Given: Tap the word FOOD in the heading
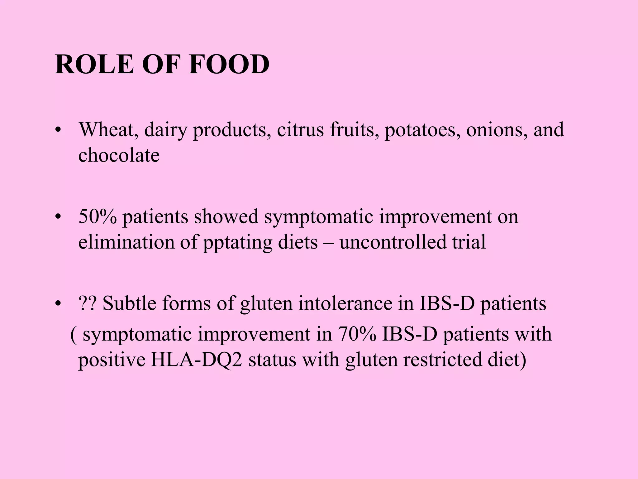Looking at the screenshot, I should [x=229, y=64].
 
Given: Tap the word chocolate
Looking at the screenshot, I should [x=119, y=155].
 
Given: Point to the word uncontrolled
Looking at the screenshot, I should [x=393, y=242].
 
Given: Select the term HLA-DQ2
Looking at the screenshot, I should [x=196, y=360].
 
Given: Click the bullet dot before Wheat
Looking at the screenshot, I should [x=57, y=131].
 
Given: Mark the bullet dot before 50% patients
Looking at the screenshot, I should [x=57, y=217].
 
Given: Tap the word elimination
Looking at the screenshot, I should [x=126, y=242].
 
